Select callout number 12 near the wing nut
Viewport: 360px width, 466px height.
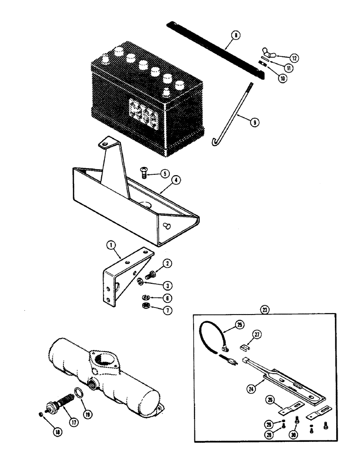point(294,58)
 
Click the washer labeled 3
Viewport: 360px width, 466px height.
point(140,281)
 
